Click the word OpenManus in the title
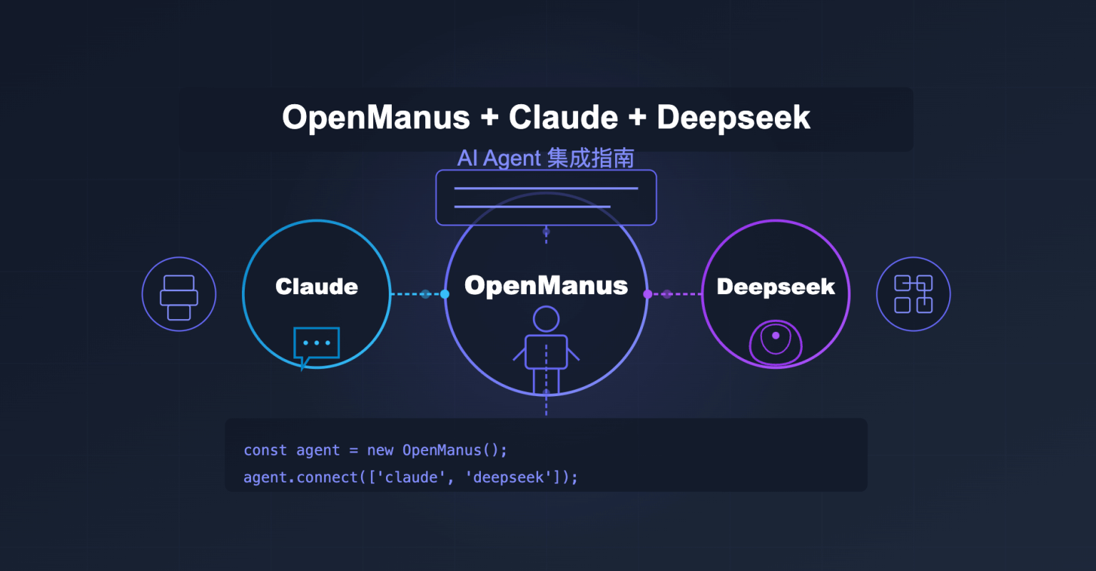[376, 118]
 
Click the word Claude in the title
[563, 118]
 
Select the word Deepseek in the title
[733, 118]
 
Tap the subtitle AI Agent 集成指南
[546, 158]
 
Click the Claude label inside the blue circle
[317, 287]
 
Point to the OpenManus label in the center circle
[546, 285]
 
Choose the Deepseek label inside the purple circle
[776, 287]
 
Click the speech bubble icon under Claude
[316, 345]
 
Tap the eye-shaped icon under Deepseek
[776, 342]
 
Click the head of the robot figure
[546, 319]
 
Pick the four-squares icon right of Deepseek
[913, 294]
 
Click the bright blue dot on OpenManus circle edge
[445, 294]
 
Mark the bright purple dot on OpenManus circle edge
[647, 294]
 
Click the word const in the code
[265, 450]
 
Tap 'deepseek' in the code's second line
[508, 477]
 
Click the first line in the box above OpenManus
[546, 188]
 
